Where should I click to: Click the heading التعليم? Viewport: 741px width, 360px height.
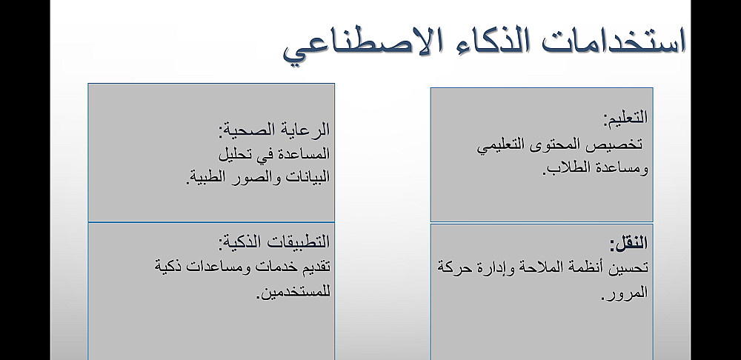pyautogui.click(x=625, y=117)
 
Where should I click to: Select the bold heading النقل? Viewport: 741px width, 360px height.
pyautogui.click(x=628, y=243)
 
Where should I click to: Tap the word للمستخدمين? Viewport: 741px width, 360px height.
pyautogui.click(x=293, y=292)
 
